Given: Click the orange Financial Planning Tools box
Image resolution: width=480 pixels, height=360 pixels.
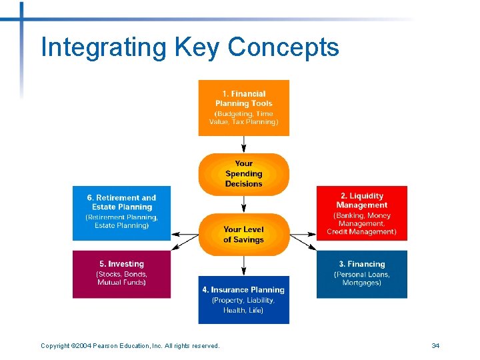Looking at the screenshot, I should pyautogui.click(x=243, y=107).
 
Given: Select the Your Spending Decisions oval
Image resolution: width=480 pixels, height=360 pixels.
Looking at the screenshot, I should pyautogui.click(x=243, y=174).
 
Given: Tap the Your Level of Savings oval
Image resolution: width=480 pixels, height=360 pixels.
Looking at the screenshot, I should pyautogui.click(x=243, y=235).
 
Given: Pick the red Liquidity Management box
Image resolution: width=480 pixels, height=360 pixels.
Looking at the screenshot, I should pyautogui.click(x=361, y=213).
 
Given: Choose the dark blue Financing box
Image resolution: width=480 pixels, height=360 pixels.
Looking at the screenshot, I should pyautogui.click(x=361, y=273).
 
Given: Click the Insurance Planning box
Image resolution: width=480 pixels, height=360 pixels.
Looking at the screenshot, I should pyautogui.click(x=243, y=299).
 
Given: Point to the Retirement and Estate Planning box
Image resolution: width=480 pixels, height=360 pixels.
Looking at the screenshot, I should pyautogui.click(x=121, y=213).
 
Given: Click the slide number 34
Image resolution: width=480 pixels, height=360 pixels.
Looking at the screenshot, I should pyautogui.click(x=435, y=345).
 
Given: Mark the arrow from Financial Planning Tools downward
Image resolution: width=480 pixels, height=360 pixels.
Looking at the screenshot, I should pyautogui.click(x=244, y=144).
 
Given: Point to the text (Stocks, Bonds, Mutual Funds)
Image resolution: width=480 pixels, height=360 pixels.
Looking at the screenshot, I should pyautogui.click(x=121, y=278).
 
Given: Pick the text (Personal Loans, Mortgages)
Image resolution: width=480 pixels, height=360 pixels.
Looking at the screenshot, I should pyautogui.click(x=361, y=278).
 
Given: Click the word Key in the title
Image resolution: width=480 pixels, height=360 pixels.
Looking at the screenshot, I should pyautogui.click(x=198, y=48).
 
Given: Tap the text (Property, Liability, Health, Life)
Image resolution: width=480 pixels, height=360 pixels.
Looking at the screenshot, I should pyautogui.click(x=243, y=305).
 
